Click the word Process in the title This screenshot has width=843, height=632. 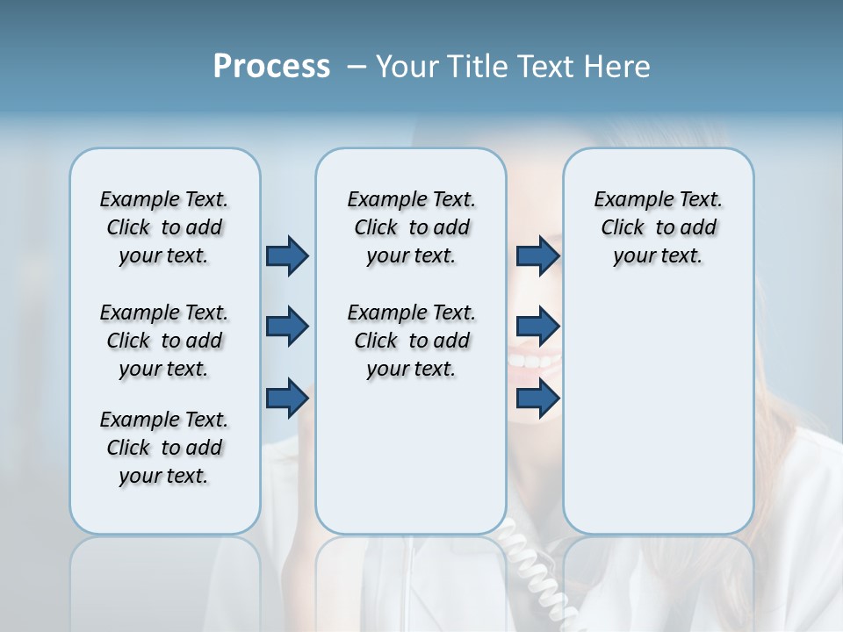(x=271, y=67)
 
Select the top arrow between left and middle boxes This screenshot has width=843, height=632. (x=287, y=255)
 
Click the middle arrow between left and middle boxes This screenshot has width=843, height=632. (x=287, y=327)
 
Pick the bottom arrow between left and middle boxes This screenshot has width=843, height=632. (x=287, y=398)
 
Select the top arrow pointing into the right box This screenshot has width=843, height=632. (x=537, y=255)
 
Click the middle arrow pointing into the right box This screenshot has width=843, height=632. (x=537, y=327)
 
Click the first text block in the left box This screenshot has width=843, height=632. (x=164, y=227)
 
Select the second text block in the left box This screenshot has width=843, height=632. (x=164, y=341)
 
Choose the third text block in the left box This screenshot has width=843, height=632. (x=164, y=448)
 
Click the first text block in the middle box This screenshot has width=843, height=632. (x=411, y=227)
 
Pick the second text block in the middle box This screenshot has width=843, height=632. (x=411, y=341)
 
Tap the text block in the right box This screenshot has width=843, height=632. (x=658, y=227)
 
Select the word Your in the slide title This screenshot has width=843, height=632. (x=407, y=67)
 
